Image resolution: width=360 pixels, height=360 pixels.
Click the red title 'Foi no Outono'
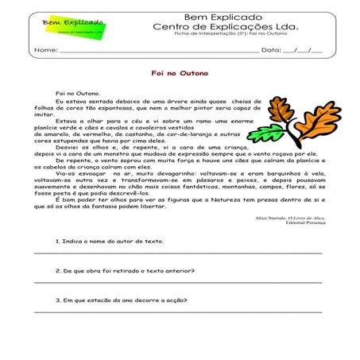coord(180,72)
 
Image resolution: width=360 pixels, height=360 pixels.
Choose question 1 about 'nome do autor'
coord(110,240)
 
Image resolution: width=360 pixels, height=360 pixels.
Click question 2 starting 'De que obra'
coord(126,269)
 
